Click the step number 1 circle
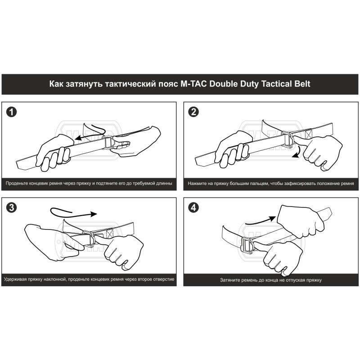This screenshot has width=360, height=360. [12, 112]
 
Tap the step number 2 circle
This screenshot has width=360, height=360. [193, 112]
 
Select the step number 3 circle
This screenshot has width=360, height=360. [12, 208]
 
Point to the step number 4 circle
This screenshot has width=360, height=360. [193, 208]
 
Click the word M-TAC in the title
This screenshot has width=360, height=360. [193, 84]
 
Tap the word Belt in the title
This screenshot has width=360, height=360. [302, 84]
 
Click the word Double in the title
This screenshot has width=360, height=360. [223, 84]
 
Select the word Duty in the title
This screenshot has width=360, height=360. [250, 84]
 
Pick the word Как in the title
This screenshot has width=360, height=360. [56, 84]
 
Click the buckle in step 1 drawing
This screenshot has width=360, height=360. [108, 143]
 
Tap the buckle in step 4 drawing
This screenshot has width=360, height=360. [247, 245]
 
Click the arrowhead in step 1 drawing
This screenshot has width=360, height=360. [79, 138]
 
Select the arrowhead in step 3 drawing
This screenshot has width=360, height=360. [94, 214]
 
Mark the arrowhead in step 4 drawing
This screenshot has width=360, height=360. [273, 219]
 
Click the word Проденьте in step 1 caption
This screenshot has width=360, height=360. [17, 184]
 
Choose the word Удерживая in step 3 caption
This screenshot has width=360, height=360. [15, 279]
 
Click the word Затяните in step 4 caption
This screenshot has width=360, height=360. [230, 280]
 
